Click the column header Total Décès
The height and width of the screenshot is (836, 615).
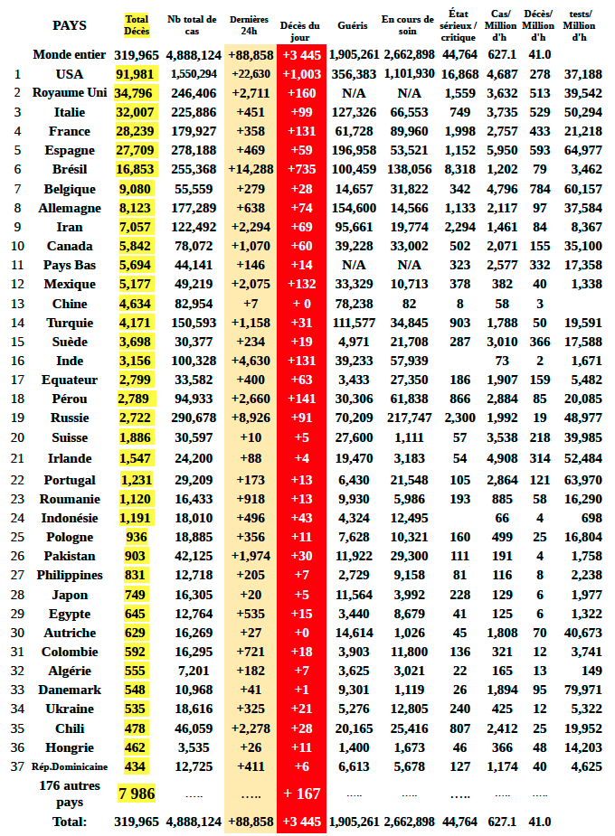pos(137,25)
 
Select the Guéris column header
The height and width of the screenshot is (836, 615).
pos(352,25)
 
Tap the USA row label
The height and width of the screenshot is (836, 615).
pos(70,74)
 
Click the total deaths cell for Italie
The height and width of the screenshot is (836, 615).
pos(137,112)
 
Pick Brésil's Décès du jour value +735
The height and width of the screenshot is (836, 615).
pos(301,169)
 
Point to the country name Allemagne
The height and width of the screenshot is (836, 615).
pos(70,208)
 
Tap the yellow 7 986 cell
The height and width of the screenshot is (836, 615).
pos(137,794)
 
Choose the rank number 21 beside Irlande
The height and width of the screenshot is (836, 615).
pos(18,458)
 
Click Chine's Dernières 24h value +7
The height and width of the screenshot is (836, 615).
pos(251,304)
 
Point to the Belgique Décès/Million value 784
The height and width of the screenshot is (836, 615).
pos(540,189)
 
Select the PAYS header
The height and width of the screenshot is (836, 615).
pos(70,25)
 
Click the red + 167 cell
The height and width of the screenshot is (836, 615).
pos(301,794)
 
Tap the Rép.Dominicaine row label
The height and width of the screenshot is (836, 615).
pos(70,766)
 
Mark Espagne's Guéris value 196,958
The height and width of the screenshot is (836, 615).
pos(354,150)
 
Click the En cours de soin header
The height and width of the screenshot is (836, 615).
pos(409,25)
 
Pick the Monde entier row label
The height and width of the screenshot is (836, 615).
pos(70,55)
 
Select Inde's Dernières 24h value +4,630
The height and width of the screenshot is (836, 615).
pos(251,361)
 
